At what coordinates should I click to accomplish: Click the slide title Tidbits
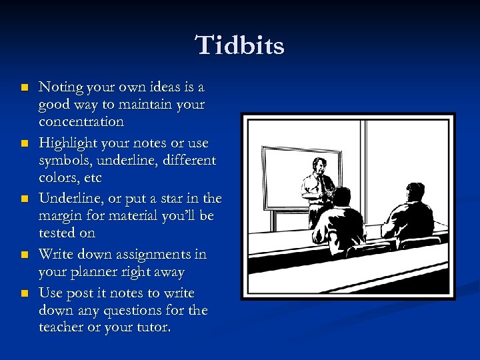[x=240, y=46]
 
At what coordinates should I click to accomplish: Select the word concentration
[x=81, y=122]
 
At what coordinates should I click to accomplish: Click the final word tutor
[x=151, y=328]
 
